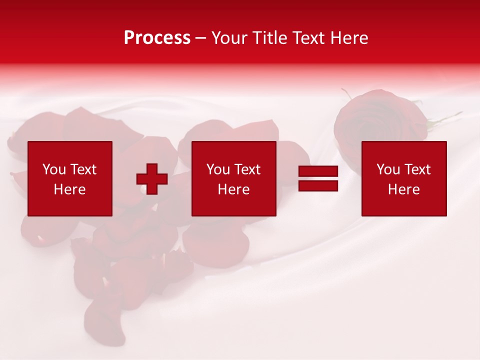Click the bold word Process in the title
pos(157,38)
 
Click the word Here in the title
pos(349,38)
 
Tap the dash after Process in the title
pos(201,39)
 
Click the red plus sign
pos(152,179)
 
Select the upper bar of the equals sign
pos(318,172)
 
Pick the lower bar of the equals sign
pos(318,186)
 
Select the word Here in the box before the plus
pos(69,189)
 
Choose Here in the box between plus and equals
pos(233,189)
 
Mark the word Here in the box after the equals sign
pos(403,189)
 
